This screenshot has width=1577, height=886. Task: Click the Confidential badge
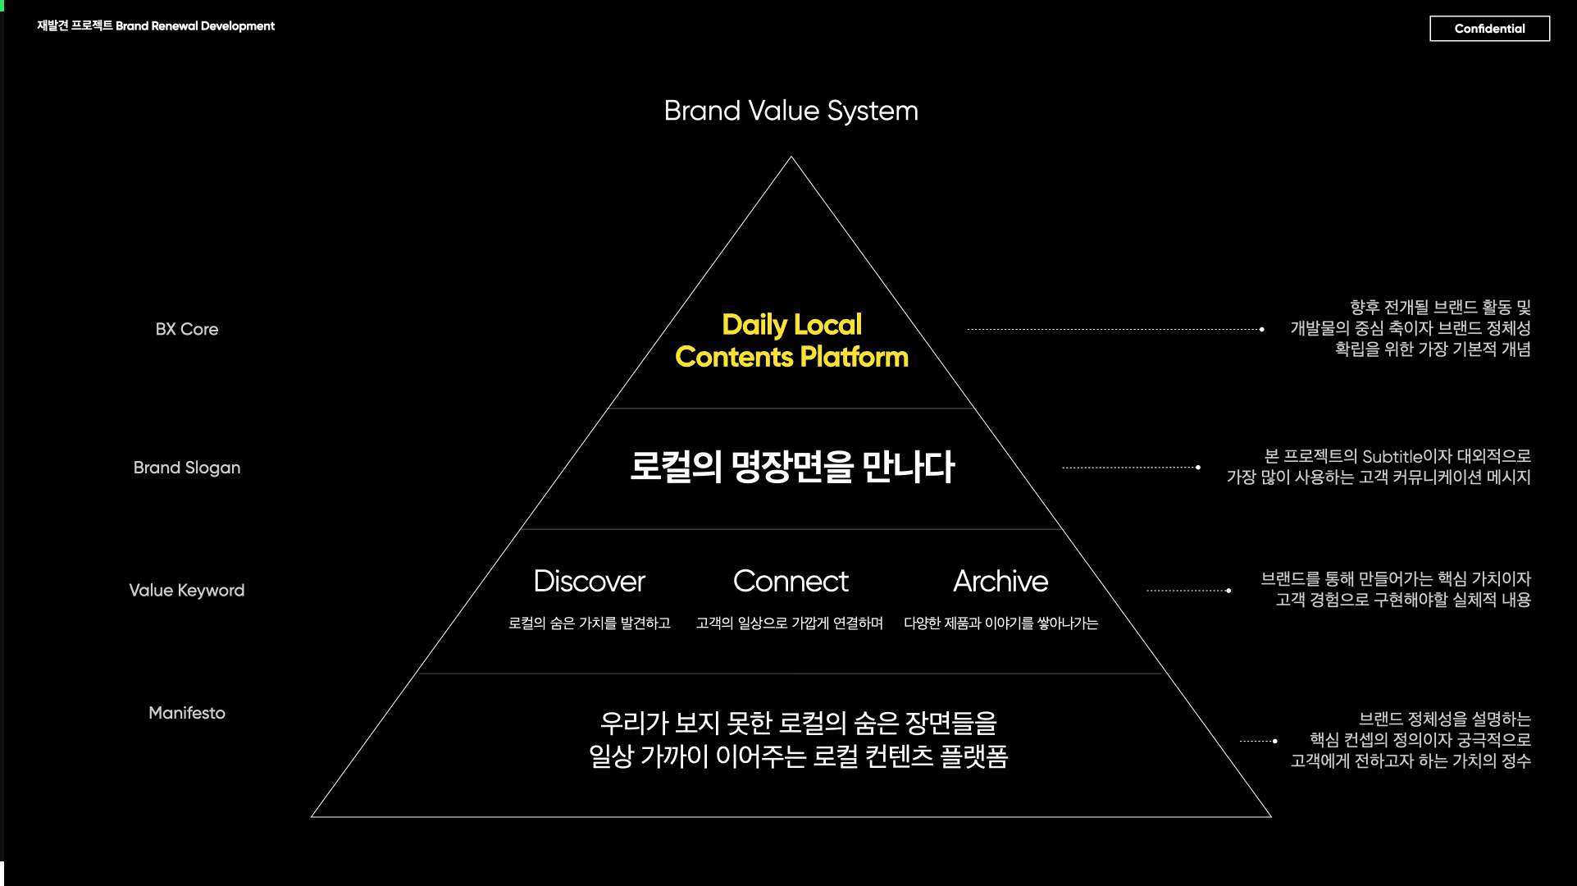(1489, 29)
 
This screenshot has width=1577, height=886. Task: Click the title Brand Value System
(791, 111)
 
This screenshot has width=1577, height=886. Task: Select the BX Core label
(187, 329)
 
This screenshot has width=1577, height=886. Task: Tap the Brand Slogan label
(187, 468)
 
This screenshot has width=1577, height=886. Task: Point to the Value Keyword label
(187, 591)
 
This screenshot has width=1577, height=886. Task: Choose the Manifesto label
(187, 713)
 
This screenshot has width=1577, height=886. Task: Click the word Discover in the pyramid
(589, 582)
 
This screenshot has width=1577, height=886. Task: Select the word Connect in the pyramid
(791, 582)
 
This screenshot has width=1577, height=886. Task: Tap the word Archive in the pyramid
(1000, 582)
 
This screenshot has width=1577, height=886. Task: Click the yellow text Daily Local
(791, 325)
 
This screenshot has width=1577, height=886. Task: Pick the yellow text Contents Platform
(791, 358)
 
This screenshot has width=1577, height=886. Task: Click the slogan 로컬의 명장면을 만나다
(791, 467)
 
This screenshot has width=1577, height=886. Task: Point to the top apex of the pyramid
(791, 158)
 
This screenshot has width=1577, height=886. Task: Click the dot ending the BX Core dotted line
(1261, 330)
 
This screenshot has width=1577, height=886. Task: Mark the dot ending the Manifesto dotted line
(1275, 741)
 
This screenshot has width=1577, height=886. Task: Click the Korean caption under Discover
(589, 623)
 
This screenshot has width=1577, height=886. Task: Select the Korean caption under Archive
(1000, 623)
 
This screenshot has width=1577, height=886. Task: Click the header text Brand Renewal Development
(195, 26)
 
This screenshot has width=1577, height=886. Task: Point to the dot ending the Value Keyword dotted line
(1228, 591)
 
